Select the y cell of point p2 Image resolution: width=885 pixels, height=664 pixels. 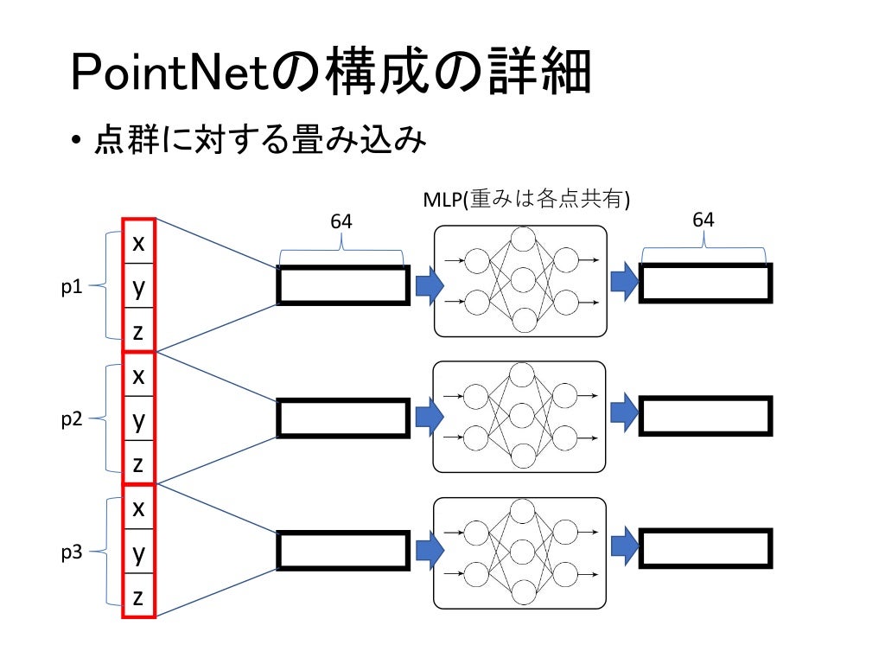pos(138,420)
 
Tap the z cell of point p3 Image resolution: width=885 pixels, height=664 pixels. pos(138,597)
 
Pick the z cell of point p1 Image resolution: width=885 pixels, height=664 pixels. pos(138,332)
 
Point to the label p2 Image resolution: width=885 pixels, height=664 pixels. pos(72,419)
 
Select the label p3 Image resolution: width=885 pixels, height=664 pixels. pos(72,552)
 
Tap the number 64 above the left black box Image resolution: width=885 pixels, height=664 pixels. pos(341,222)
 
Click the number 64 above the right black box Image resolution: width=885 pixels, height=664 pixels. pos(704,220)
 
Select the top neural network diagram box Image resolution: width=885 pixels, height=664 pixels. pos(519,281)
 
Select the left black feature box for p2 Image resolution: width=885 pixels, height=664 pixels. pos(342,418)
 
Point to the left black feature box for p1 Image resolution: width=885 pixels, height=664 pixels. pos(342,285)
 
